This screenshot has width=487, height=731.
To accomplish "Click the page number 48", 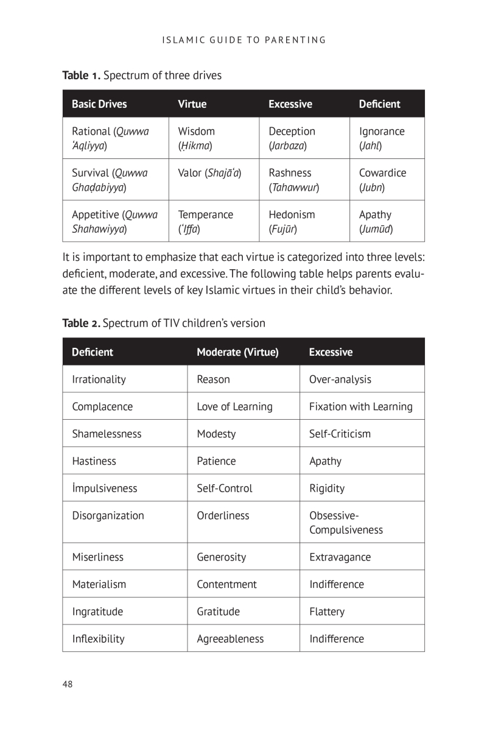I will coord(68,684).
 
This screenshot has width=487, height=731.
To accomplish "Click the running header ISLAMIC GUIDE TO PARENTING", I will coord(244,40).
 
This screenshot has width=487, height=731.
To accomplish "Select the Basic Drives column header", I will coord(99,104).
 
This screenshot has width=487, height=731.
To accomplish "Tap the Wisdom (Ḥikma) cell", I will coord(196,138).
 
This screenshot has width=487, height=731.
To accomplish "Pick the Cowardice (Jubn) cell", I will coord(382,180).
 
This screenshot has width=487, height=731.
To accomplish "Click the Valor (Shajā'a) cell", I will coord(209,173).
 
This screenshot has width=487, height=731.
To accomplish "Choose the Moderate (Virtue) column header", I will coord(237,352).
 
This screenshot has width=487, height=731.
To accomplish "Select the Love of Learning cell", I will coord(234,406).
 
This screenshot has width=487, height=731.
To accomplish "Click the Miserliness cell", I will coord(97,557).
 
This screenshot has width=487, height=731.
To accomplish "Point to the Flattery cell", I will coord(327,612).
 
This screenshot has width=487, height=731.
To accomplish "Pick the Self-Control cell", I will coord(224,488).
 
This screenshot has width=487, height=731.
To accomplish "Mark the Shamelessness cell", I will coord(107,434).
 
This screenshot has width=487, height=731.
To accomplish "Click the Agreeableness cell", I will coord(230,638).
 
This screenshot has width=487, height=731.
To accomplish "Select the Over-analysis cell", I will coord(340,380).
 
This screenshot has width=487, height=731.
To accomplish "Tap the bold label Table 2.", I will coord(81,323).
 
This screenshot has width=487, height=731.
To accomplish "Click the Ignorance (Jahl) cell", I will coord(382,138).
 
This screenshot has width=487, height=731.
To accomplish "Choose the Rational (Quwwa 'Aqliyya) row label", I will coord(110,138).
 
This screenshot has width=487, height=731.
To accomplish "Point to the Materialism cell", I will coord(99,584).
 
